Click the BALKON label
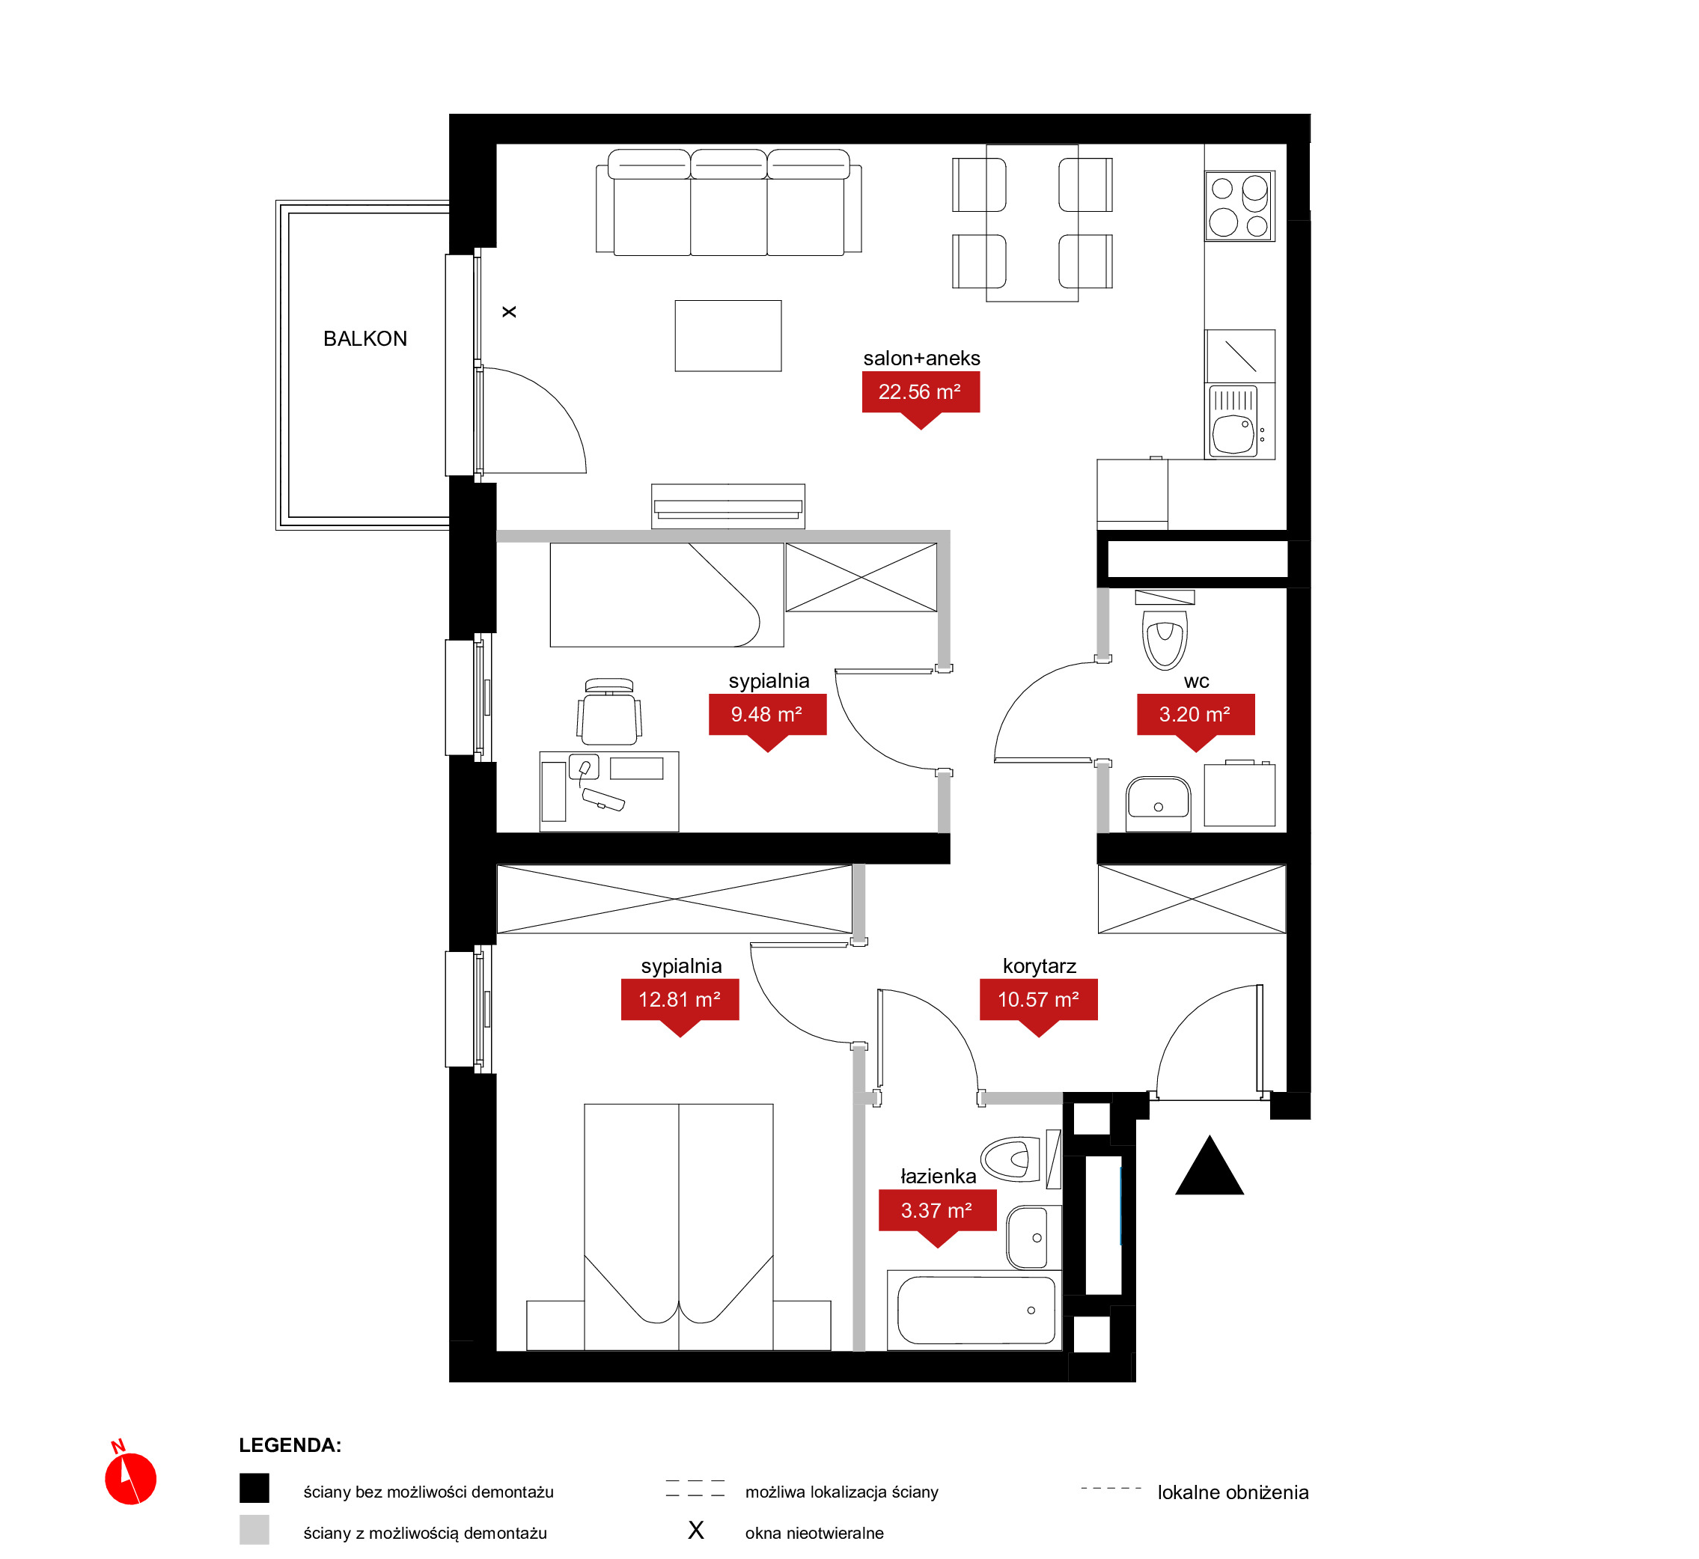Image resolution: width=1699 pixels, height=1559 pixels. [x=365, y=339]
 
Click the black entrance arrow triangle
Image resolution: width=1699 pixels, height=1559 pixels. [x=1210, y=1166]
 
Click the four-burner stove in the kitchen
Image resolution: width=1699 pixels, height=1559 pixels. [x=1239, y=206]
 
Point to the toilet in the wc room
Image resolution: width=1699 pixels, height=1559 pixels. [x=1165, y=632]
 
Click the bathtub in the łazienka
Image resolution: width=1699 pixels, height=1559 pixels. [x=975, y=1310]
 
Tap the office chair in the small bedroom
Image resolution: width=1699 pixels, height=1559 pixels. [x=609, y=712]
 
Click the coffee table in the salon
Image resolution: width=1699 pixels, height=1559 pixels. [x=728, y=336]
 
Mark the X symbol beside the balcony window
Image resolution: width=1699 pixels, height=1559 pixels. [x=509, y=312]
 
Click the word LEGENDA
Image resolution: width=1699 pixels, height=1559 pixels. [x=290, y=1445]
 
